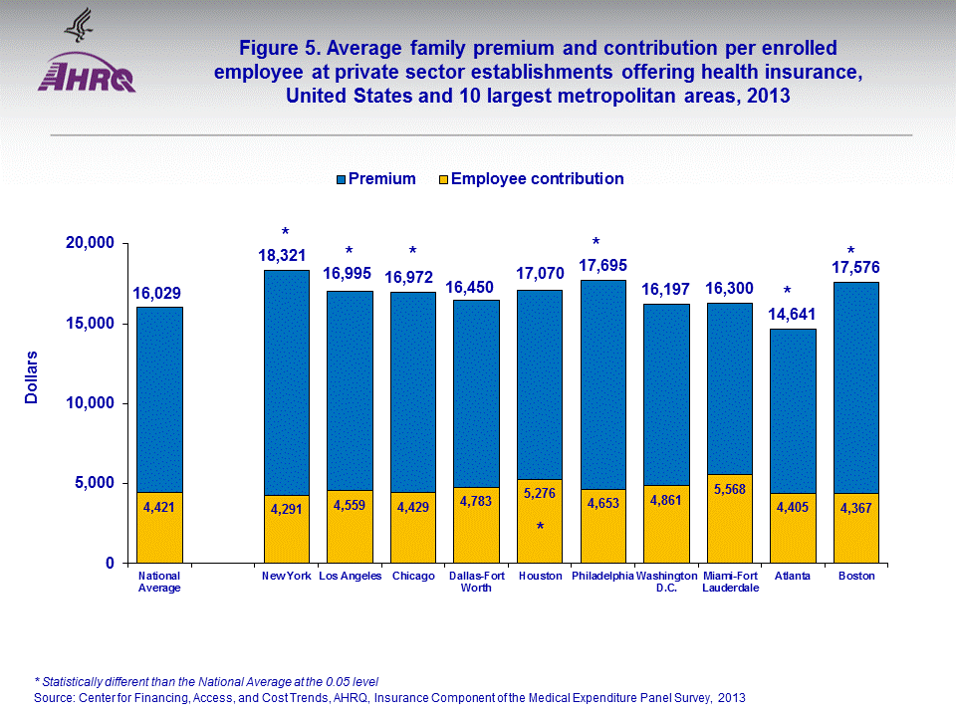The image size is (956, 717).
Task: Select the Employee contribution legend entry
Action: [529, 179]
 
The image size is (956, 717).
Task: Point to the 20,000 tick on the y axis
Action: [89, 244]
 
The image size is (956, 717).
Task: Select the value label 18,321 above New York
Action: [286, 256]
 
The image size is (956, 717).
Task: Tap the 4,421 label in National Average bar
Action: [159, 508]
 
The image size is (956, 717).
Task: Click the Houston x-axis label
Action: [540, 577]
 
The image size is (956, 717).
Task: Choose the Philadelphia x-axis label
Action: [602, 577]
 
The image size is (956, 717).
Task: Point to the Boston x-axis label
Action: [855, 577]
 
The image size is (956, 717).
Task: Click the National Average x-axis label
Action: [159, 582]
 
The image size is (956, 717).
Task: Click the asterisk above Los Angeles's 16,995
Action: [350, 251]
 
